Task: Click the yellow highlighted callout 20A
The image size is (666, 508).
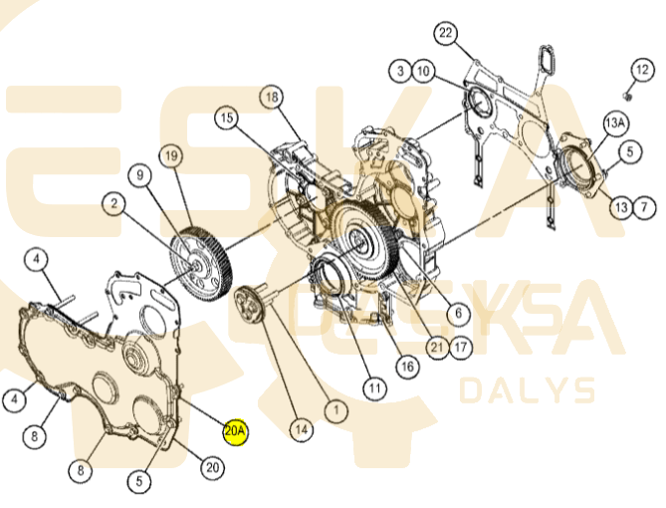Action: (235, 431)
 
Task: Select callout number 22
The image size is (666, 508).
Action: (446, 33)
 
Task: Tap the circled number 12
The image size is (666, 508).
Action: (642, 70)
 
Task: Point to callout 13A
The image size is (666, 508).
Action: (615, 124)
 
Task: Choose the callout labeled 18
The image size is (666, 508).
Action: (272, 98)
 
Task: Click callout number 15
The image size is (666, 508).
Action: (227, 118)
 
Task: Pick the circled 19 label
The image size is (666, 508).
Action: (171, 156)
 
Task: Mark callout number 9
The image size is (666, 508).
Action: (140, 174)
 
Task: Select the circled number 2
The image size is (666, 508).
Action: (113, 203)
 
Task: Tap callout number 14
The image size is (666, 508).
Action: (302, 429)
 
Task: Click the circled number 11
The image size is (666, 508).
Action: (374, 387)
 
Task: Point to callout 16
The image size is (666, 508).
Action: (407, 366)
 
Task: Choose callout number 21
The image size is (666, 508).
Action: (437, 348)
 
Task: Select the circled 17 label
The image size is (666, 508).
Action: (460, 348)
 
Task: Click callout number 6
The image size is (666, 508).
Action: (458, 314)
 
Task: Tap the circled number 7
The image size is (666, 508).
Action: (644, 207)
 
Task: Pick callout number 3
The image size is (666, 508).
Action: (400, 71)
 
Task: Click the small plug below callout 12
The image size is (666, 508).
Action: (629, 97)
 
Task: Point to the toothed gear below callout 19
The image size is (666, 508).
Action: (200, 264)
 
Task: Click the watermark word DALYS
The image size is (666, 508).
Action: (527, 390)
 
